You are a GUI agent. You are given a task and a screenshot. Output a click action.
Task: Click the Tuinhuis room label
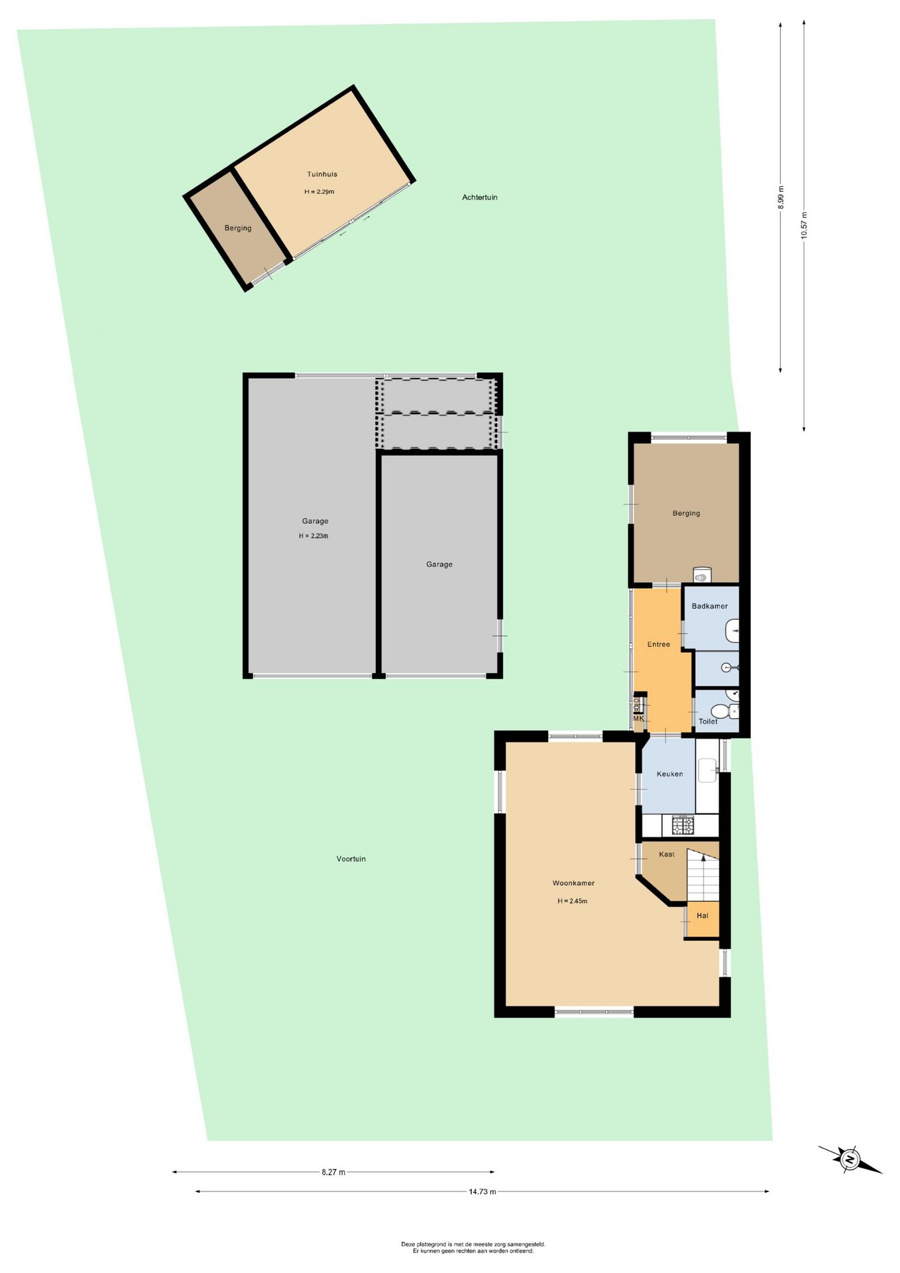point(322,174)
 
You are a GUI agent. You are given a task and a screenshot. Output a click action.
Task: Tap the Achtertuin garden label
point(480,198)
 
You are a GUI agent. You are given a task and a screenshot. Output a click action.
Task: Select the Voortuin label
point(351,859)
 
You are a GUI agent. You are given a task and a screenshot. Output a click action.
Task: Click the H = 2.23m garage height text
point(313,536)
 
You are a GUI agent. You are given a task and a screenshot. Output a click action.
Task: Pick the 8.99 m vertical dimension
point(781,198)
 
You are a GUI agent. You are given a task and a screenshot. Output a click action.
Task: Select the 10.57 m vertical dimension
point(804,225)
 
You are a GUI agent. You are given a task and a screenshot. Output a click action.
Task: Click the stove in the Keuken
point(683,825)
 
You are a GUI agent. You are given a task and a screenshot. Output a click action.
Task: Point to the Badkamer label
point(710,606)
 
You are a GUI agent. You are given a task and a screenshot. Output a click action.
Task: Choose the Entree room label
point(659,644)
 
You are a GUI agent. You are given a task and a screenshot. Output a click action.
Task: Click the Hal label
point(703,916)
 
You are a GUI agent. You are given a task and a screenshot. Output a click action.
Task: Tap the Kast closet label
point(667,855)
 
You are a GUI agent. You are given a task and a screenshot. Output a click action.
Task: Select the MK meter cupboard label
point(638,718)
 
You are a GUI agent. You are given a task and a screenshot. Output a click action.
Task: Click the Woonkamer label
point(574,883)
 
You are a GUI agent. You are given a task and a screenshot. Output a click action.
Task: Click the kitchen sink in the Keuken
point(708,770)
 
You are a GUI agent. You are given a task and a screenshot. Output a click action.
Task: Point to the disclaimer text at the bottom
point(473,1248)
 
